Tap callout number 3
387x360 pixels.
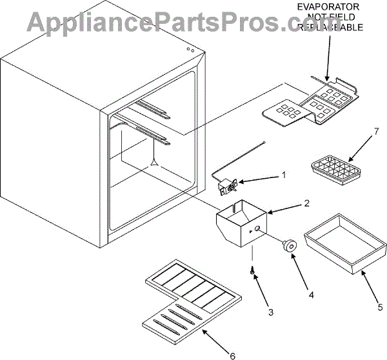(x=271, y=312)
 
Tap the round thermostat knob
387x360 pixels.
(x=288, y=245)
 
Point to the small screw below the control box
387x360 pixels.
(x=252, y=271)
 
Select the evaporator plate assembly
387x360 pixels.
(x=310, y=103)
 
